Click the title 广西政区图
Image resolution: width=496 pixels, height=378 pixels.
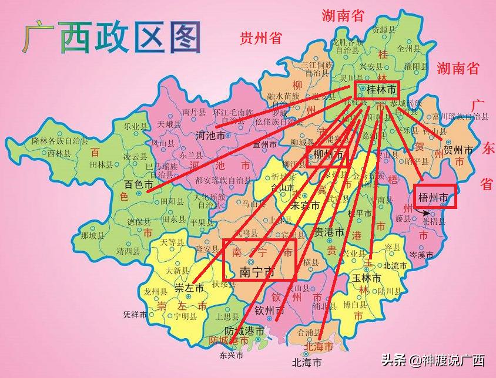tap(112, 36)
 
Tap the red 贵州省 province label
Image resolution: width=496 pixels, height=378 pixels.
tap(261, 39)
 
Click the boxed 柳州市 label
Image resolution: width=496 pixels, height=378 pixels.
tap(327, 156)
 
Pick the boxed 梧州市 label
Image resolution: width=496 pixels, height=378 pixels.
tap(435, 197)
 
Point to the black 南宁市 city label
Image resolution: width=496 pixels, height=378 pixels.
tap(257, 272)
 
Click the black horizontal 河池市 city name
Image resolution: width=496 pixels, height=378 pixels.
tap(210, 136)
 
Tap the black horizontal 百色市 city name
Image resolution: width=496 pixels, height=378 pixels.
tap(139, 185)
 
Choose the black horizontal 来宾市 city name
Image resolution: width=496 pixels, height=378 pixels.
tap(306, 205)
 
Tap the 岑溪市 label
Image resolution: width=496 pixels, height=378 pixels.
tap(421, 255)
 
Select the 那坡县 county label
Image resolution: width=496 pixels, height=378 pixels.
tap(92, 235)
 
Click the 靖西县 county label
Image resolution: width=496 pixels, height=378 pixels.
tap(129, 251)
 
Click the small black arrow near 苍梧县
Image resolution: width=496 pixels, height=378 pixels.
tap(425, 215)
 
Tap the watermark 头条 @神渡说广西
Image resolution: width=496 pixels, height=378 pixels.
tap(433, 360)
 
